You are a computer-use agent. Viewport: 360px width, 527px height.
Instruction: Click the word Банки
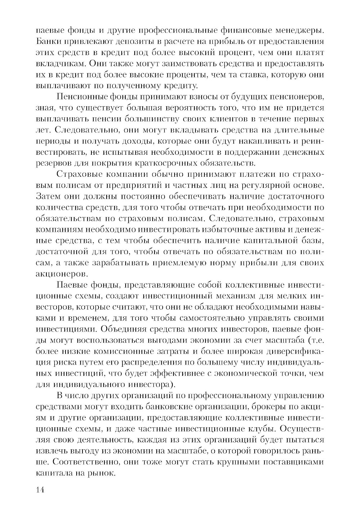pos(49,42)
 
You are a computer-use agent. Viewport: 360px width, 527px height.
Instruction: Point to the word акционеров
pos(59,275)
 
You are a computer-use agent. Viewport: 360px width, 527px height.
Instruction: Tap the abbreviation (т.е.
pos(315,341)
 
